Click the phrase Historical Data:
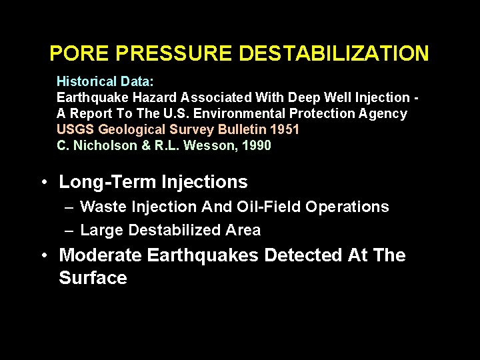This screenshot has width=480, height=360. click(105, 81)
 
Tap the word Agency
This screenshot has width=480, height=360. click(381, 113)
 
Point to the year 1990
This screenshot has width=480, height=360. click(257, 145)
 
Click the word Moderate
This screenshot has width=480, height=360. click(101, 255)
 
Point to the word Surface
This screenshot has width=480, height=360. click(93, 277)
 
